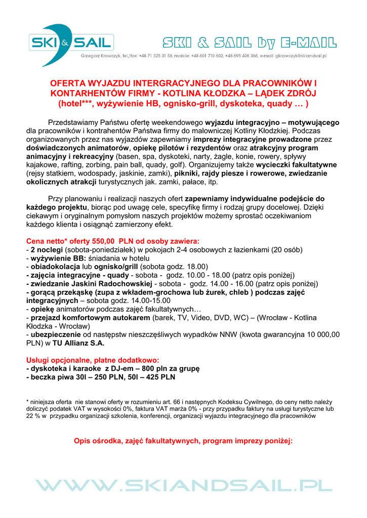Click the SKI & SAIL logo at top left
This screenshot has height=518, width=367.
tap(71, 44)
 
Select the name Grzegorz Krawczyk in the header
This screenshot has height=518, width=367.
tap(98, 56)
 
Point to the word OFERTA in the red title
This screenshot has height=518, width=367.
tap(68, 83)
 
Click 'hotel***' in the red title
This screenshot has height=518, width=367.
tap(76, 104)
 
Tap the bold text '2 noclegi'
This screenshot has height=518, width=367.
tap(47, 250)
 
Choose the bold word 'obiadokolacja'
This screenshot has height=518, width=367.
tap(56, 267)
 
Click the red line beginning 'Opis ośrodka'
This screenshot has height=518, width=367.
tap(183, 441)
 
